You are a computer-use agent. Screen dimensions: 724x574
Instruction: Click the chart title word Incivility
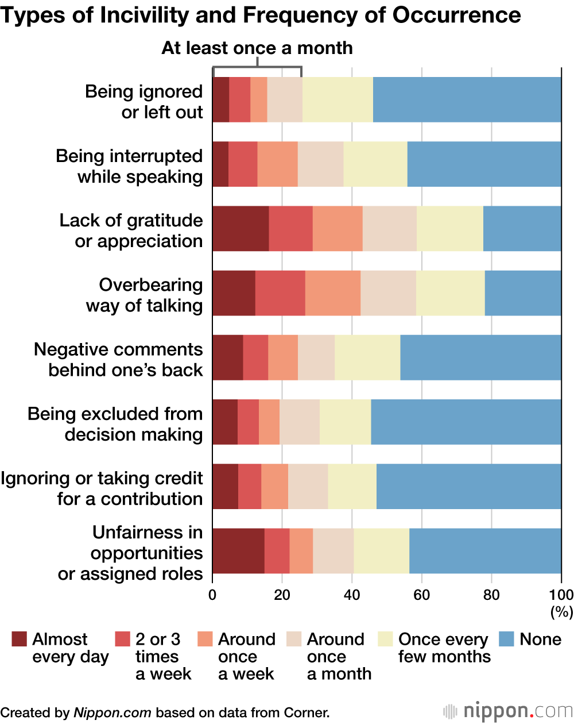[x=135, y=16]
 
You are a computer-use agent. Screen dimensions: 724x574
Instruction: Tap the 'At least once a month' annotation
[x=257, y=48]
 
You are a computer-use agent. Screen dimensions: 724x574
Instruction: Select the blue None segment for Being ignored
[x=467, y=99]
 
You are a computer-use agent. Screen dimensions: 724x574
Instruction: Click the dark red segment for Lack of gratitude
[x=241, y=228]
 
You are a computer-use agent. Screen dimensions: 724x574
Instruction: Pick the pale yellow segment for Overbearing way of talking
[x=450, y=292]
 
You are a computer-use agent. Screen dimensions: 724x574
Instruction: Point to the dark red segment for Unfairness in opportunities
[x=238, y=550]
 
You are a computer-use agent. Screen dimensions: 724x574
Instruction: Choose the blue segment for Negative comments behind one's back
[x=480, y=357]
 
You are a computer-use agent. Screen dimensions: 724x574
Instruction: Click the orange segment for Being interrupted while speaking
[x=277, y=164]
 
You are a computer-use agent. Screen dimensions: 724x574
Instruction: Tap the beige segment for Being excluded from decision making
[x=299, y=421]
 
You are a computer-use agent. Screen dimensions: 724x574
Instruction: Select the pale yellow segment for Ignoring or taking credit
[x=352, y=486]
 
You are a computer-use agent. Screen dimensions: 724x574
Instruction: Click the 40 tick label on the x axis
[x=352, y=594]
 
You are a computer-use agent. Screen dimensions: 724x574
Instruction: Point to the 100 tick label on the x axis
[x=561, y=594]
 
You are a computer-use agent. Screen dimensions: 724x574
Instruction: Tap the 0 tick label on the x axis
[x=213, y=594]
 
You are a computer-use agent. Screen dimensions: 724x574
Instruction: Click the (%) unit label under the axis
[x=562, y=613]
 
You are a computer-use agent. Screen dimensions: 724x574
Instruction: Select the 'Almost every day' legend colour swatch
[x=20, y=640]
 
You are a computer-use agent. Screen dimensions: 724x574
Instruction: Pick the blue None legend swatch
[x=507, y=640]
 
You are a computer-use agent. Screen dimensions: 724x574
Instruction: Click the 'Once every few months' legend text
[x=444, y=648]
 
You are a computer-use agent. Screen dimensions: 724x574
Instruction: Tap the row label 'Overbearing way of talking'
[x=145, y=295]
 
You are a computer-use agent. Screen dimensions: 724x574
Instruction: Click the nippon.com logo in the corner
[x=507, y=711]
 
